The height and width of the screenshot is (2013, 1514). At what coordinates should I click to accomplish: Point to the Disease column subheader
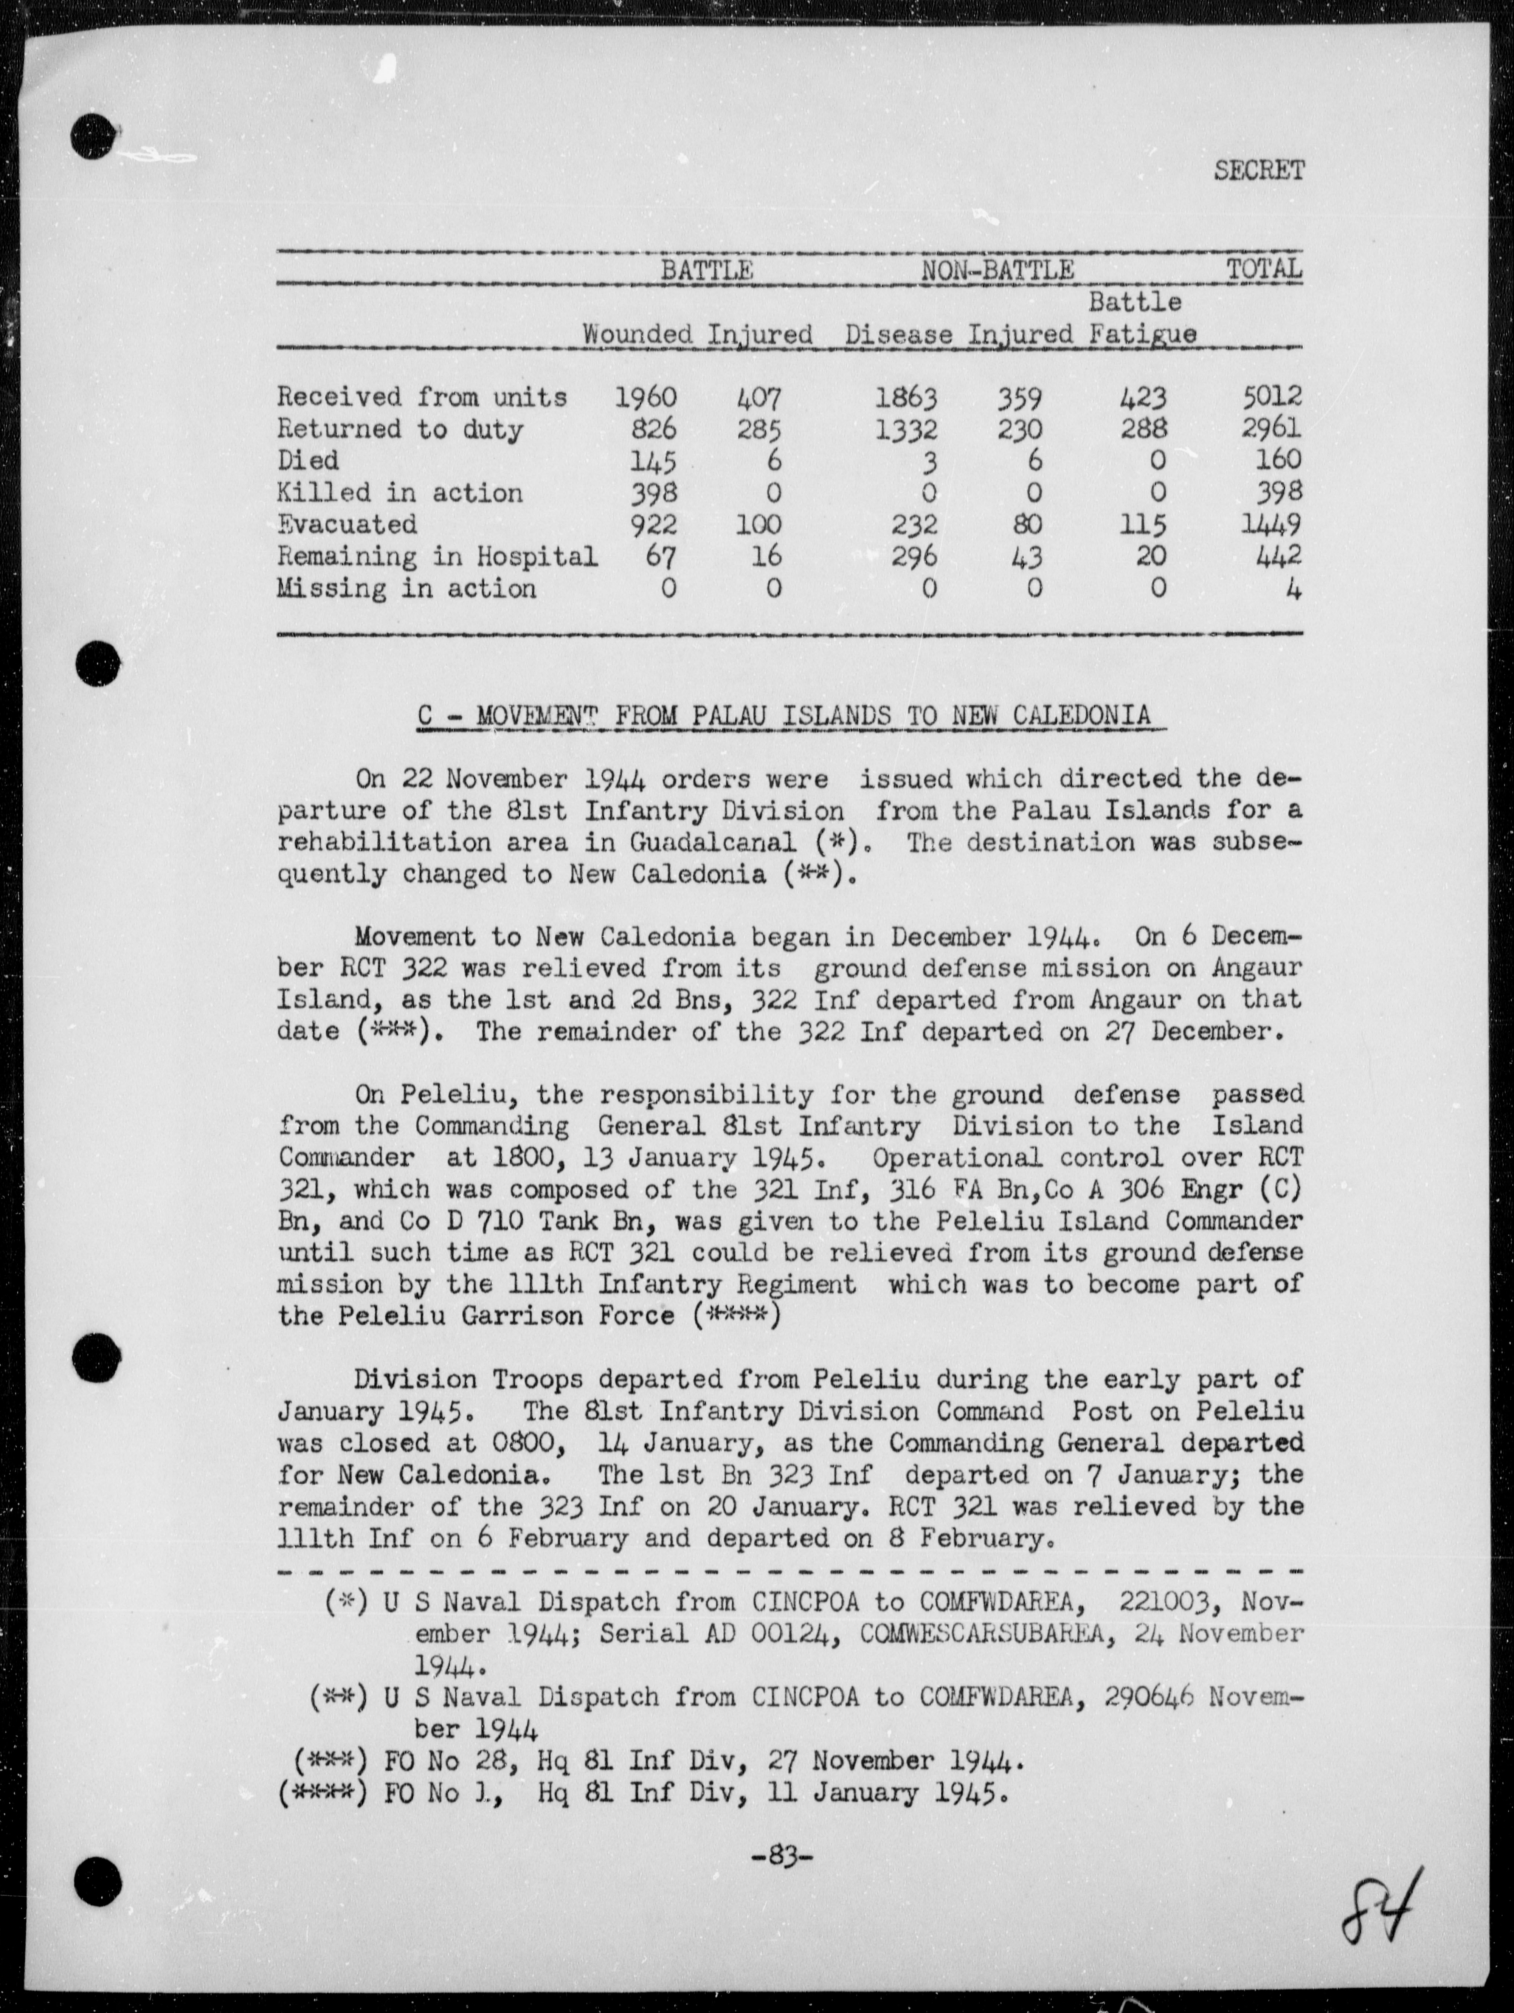[x=898, y=334]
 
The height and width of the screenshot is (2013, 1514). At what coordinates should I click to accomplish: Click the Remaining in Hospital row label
[x=437, y=556]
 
